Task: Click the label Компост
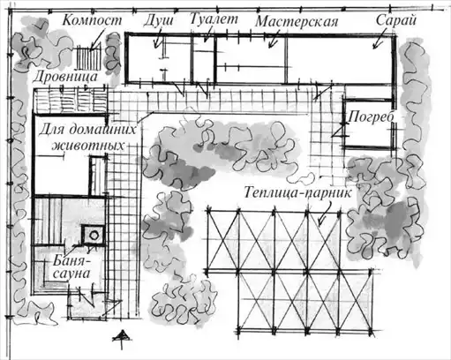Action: pyautogui.click(x=92, y=20)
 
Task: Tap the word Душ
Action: pyautogui.click(x=159, y=21)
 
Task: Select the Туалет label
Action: pyautogui.click(x=214, y=19)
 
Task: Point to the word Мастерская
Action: pyautogui.click(x=297, y=22)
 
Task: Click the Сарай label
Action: pyautogui.click(x=396, y=20)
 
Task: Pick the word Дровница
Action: pyautogui.click(x=65, y=77)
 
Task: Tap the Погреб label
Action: pyautogui.click(x=371, y=117)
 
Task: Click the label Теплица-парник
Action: pyautogui.click(x=297, y=193)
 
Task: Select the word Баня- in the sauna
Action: pyautogui.click(x=72, y=260)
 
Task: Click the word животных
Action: pyautogui.click(x=87, y=146)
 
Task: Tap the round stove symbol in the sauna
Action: pyautogui.click(x=94, y=235)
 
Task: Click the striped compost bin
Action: pyautogui.click(x=88, y=57)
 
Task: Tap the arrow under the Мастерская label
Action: pyautogui.click(x=273, y=41)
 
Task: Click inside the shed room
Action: pyautogui.click(x=339, y=60)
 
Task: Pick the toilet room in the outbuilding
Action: pyautogui.click(x=204, y=59)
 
